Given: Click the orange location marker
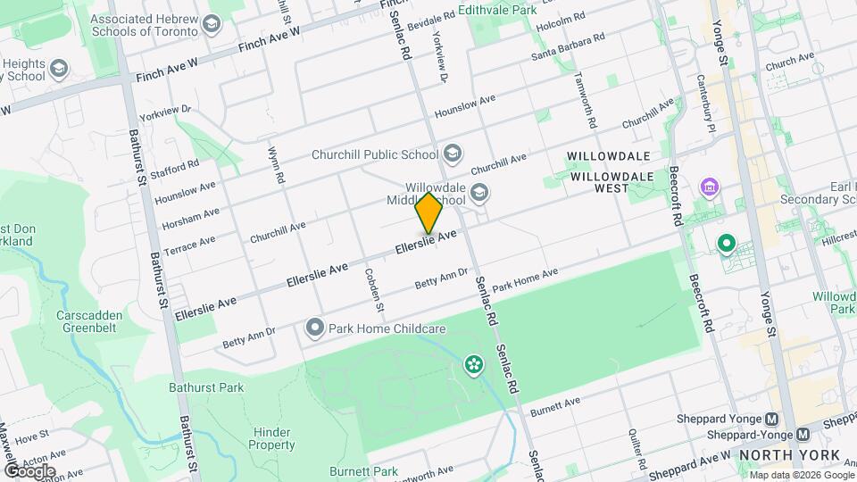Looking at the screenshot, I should click(x=429, y=212).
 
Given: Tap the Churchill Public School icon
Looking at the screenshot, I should click(x=452, y=154).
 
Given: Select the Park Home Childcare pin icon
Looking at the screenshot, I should click(x=314, y=328).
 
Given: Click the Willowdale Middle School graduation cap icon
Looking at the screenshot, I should click(x=479, y=193).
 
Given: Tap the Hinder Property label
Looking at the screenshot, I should click(x=271, y=437).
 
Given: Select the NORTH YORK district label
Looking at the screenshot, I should click(x=789, y=455).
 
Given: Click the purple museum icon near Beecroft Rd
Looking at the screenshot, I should click(x=711, y=187).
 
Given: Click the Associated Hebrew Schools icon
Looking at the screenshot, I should click(x=212, y=24).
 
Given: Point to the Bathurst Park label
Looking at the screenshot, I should click(x=206, y=387).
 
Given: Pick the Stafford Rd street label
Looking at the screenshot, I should click(x=176, y=170).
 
